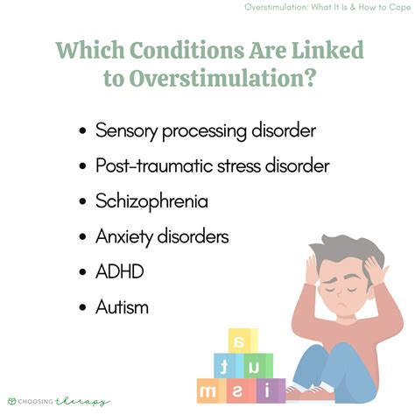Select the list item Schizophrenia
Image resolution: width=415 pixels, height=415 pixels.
tap(152, 200)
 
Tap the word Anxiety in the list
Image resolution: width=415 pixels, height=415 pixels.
tap(127, 236)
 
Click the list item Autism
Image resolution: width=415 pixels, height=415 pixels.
tap(123, 306)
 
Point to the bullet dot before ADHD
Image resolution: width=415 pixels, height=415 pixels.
tap(82, 271)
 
